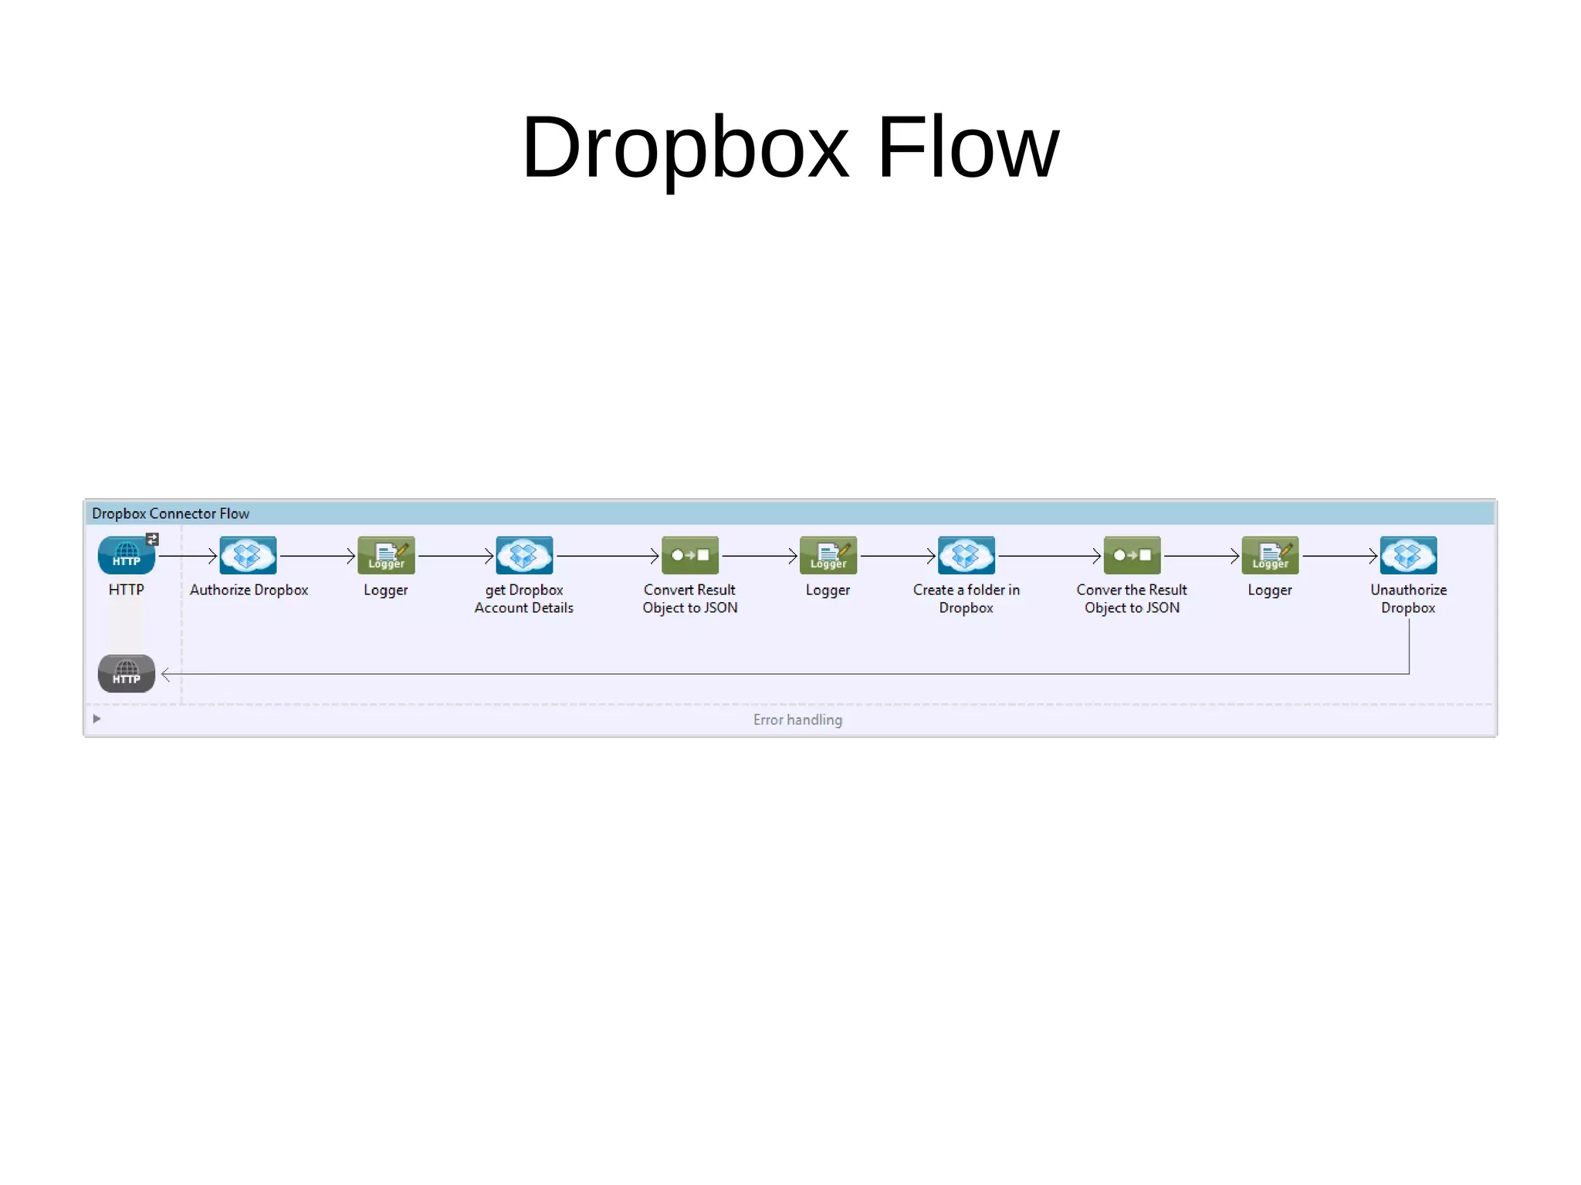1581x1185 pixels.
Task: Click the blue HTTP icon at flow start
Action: (x=126, y=555)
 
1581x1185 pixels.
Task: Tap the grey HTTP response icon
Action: (x=126, y=673)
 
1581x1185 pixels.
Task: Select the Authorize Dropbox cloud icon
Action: (x=248, y=555)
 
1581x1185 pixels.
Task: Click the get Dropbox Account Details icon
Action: (x=524, y=555)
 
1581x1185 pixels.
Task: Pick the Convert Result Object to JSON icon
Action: (x=690, y=555)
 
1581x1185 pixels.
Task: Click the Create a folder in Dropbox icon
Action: (x=966, y=555)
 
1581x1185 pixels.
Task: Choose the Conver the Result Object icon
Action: (x=1132, y=555)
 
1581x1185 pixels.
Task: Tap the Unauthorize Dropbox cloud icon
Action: (x=1408, y=555)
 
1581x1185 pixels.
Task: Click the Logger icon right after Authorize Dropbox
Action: (x=386, y=555)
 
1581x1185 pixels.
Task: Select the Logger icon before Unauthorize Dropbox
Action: (x=1270, y=555)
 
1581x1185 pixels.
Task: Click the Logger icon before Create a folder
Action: (x=828, y=555)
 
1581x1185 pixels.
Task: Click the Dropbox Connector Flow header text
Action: (x=171, y=513)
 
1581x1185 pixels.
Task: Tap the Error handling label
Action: (x=797, y=719)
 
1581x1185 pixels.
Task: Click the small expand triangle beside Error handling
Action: (x=96, y=719)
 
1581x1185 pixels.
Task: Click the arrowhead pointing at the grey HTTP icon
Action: (x=165, y=674)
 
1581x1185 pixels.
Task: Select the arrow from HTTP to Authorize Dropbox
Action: (x=188, y=556)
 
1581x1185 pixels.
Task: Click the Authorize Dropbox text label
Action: (x=249, y=590)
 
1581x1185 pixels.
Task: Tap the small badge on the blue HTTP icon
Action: (x=152, y=539)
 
